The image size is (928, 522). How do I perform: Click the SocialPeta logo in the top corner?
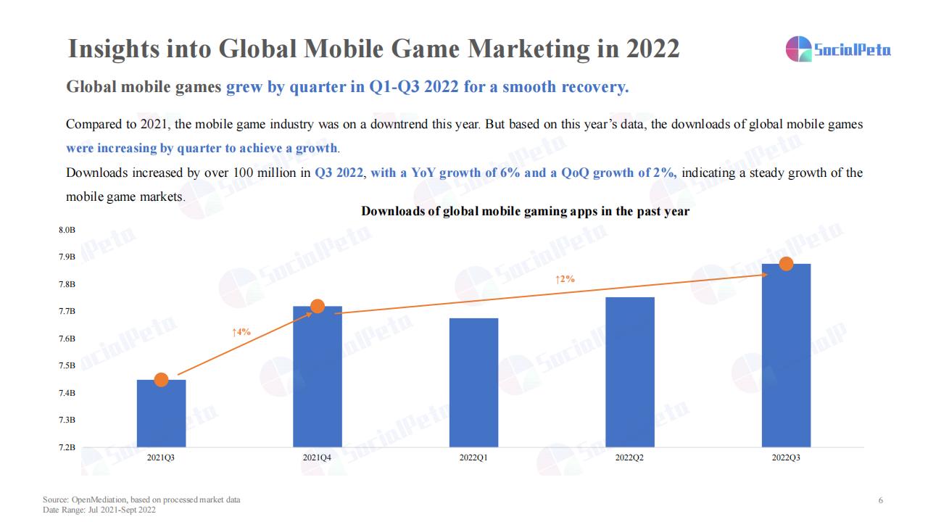838,49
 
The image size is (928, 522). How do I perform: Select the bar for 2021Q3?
161,413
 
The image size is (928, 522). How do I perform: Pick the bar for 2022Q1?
473,383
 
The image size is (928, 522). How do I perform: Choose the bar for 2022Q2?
629,372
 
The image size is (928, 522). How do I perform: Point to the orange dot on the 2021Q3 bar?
161,380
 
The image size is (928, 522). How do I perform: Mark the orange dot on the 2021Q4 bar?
318,306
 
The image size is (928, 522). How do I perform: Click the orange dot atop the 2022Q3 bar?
786,264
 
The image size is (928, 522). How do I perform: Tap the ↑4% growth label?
241,332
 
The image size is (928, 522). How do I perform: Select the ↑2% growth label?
565,279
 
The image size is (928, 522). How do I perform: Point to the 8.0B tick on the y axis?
67,230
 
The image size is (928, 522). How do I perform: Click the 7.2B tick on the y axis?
67,447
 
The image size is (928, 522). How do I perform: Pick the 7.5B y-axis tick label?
67,365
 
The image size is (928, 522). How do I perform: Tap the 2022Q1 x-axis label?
473,458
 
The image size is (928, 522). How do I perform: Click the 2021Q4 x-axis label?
318,458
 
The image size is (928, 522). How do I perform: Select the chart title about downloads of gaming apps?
525,212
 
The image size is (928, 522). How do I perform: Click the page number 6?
880,500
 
